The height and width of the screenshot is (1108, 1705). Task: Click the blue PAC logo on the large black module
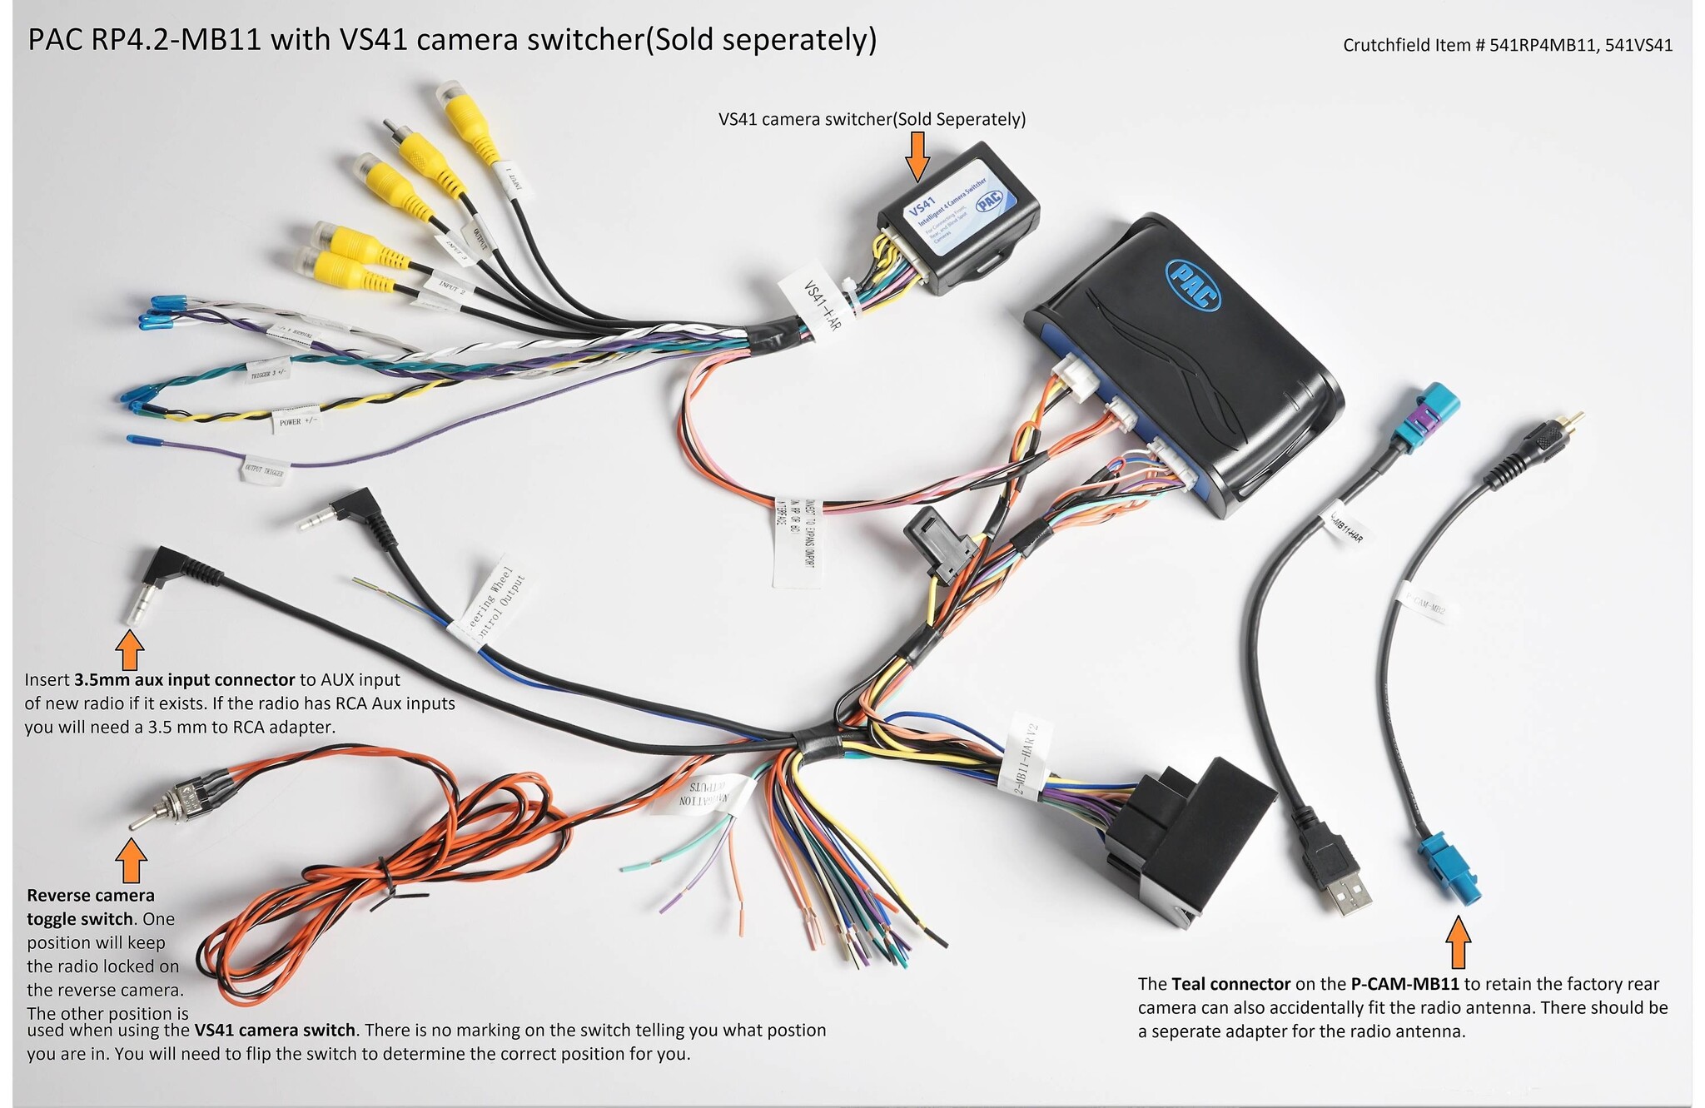pyautogui.click(x=1194, y=284)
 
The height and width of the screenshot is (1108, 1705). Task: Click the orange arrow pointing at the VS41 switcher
pyautogui.click(x=917, y=156)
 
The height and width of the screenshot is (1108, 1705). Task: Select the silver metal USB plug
pyautogui.click(x=1347, y=894)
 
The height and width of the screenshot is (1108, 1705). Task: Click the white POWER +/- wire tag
pyautogui.click(x=296, y=420)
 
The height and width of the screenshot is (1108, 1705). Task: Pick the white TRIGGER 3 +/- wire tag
pyautogui.click(x=268, y=370)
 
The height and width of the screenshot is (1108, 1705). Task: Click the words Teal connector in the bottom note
pyautogui.click(x=1230, y=984)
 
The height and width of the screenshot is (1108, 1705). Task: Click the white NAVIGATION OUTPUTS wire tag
pyautogui.click(x=706, y=794)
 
